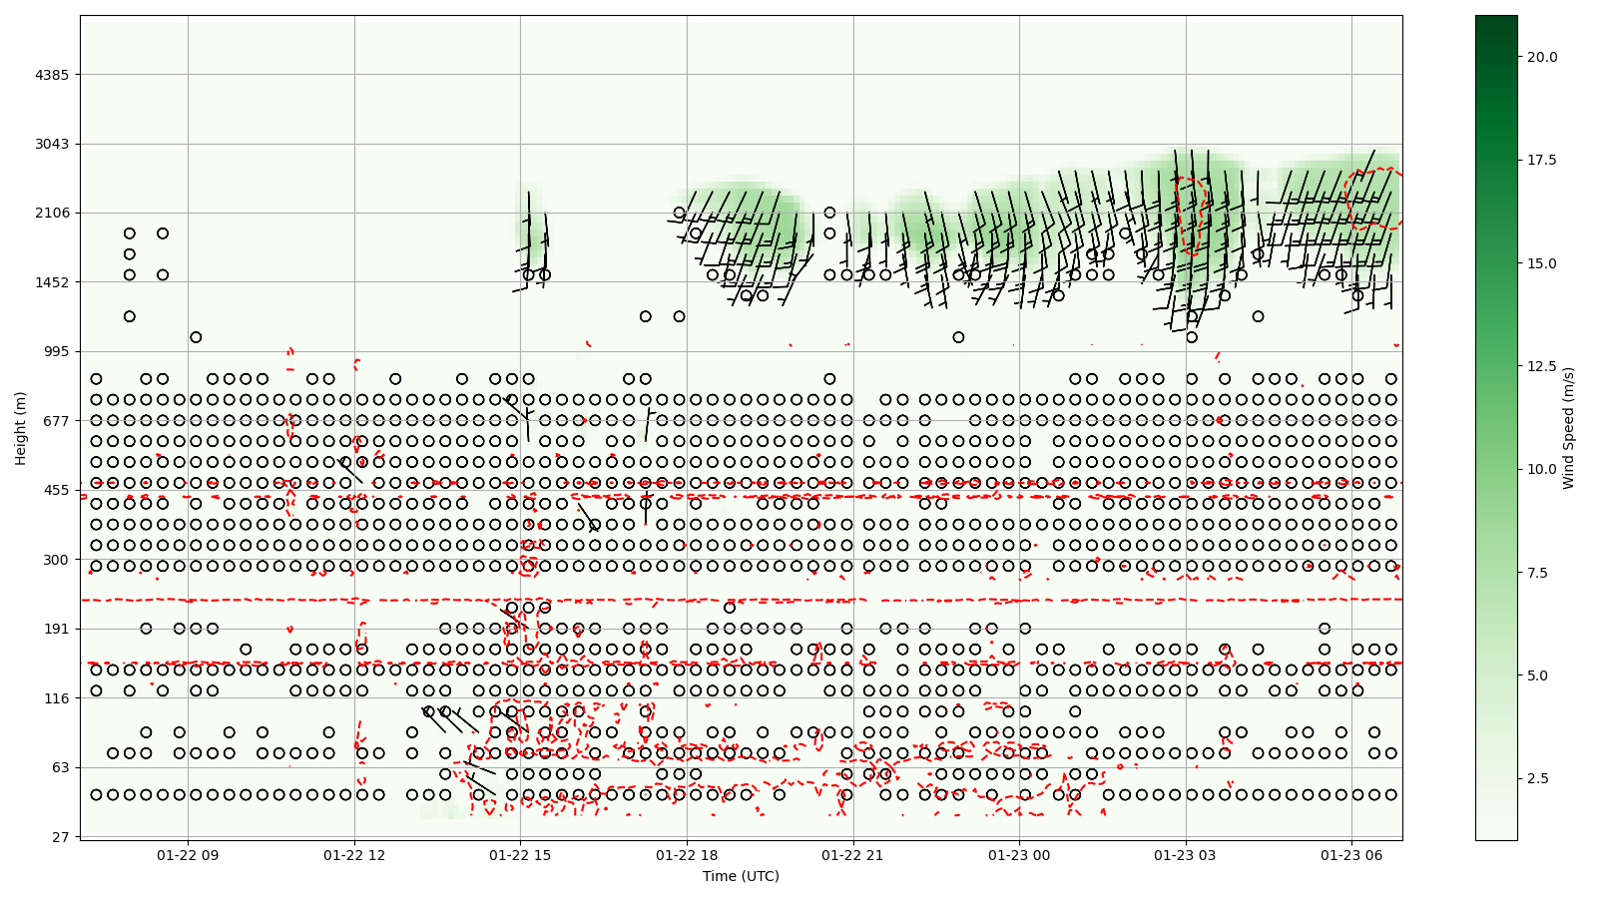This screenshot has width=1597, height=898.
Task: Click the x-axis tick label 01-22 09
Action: pyautogui.click(x=188, y=855)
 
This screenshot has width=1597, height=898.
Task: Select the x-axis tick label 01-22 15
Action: pyautogui.click(x=520, y=855)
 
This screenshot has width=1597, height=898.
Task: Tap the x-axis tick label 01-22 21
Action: pyautogui.click(x=853, y=855)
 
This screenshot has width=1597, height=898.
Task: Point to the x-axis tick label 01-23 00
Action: pyautogui.click(x=1020, y=855)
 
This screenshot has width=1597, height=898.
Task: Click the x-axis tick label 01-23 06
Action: pyautogui.click(x=1351, y=855)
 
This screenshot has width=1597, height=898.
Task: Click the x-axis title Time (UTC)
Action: pyautogui.click(x=741, y=876)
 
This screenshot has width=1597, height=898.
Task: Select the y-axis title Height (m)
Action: pyautogui.click(x=20, y=428)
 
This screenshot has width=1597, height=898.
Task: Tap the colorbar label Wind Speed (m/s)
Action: pyautogui.click(x=1568, y=428)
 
